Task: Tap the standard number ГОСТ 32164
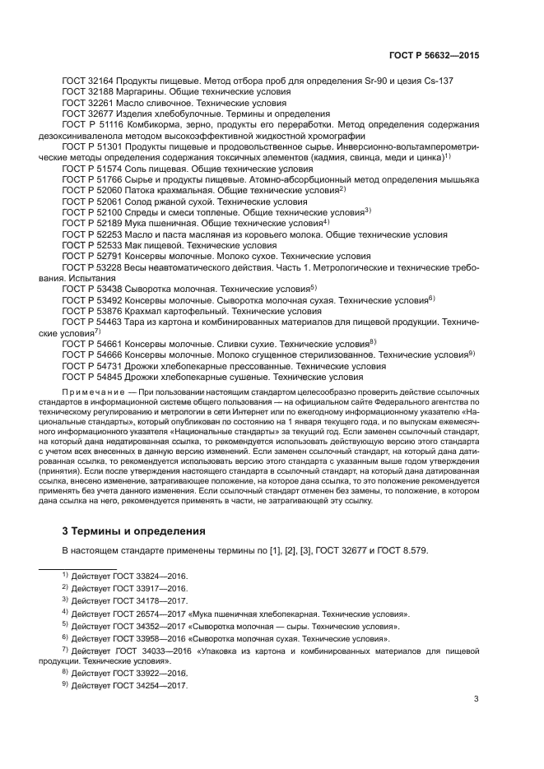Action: pos(88,81)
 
